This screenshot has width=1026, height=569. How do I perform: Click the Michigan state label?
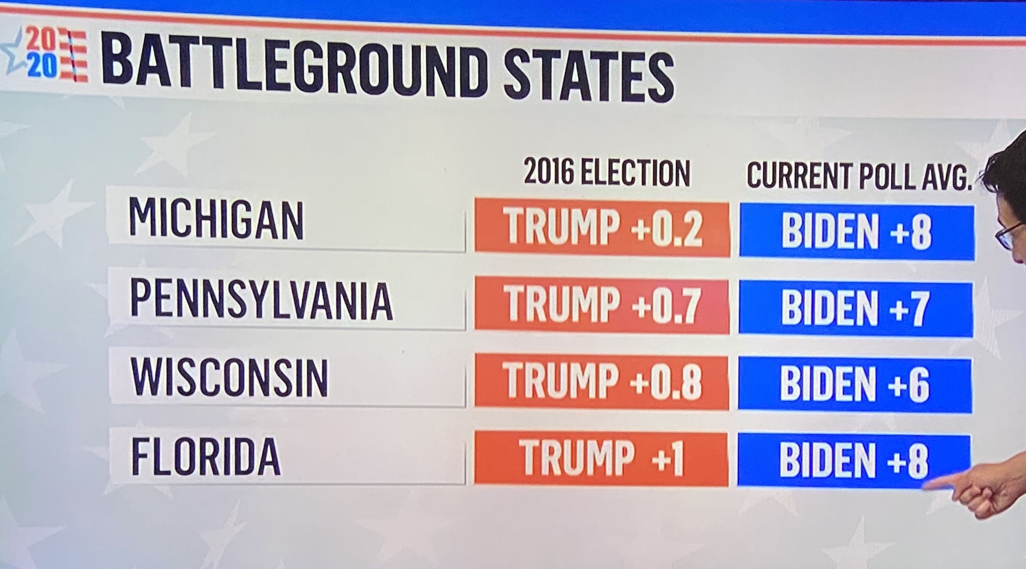click(x=216, y=219)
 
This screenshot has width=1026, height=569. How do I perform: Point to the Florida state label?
click(x=206, y=457)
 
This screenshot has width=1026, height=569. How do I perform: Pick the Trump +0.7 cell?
click(x=602, y=307)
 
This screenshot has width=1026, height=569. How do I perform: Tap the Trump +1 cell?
click(x=601, y=459)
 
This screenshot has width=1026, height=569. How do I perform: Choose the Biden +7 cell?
click(x=856, y=309)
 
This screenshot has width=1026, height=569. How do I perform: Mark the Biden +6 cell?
click(x=855, y=385)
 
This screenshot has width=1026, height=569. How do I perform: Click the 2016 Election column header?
click(x=607, y=172)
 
